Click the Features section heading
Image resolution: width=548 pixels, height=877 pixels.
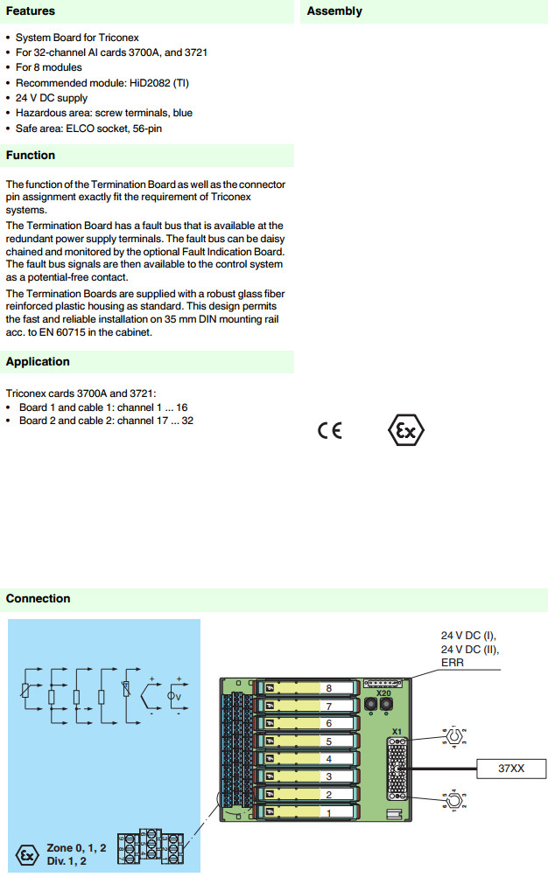pos(31,11)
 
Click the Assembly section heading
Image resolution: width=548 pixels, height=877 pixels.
pos(334,11)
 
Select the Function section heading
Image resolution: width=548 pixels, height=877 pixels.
pos(31,156)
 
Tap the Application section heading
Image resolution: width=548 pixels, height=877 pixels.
pos(38,362)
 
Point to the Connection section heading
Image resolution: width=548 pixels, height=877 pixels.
pos(38,599)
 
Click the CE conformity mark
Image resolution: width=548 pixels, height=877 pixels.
pos(330,431)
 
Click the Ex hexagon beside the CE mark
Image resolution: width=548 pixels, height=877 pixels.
pos(406,431)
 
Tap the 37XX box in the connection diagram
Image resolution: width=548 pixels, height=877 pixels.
pos(511,769)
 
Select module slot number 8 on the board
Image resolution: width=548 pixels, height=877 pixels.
pos(328,688)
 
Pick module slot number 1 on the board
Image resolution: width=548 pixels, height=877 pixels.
pos(328,812)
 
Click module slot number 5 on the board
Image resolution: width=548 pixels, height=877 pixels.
pos(328,741)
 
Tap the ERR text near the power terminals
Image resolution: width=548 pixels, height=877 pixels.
pos(453,663)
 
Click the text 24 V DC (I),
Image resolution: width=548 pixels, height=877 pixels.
pos(474,636)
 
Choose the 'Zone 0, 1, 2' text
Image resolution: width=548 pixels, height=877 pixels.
pos(77,849)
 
